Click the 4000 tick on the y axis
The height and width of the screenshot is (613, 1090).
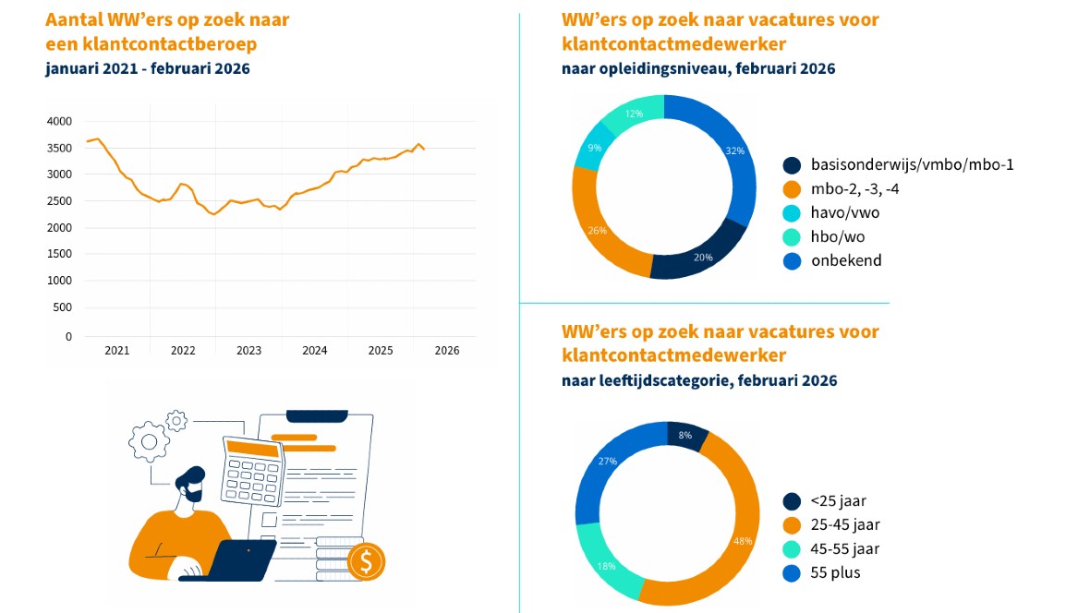click(x=58, y=121)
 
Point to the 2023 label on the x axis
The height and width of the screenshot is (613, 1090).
click(x=248, y=351)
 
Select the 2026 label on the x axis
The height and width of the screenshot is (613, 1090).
click(x=447, y=351)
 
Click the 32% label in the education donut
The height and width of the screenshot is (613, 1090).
click(x=735, y=151)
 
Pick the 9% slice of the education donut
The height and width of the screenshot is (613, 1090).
click(x=595, y=148)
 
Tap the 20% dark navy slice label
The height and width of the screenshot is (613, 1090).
click(x=703, y=258)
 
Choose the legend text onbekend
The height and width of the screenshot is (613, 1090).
click(x=846, y=260)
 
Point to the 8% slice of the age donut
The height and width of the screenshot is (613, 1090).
click(x=685, y=435)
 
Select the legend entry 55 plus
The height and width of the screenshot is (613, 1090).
click(x=835, y=573)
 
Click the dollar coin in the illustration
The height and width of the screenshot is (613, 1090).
click(x=367, y=560)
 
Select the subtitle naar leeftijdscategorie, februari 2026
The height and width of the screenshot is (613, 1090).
click(x=699, y=380)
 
